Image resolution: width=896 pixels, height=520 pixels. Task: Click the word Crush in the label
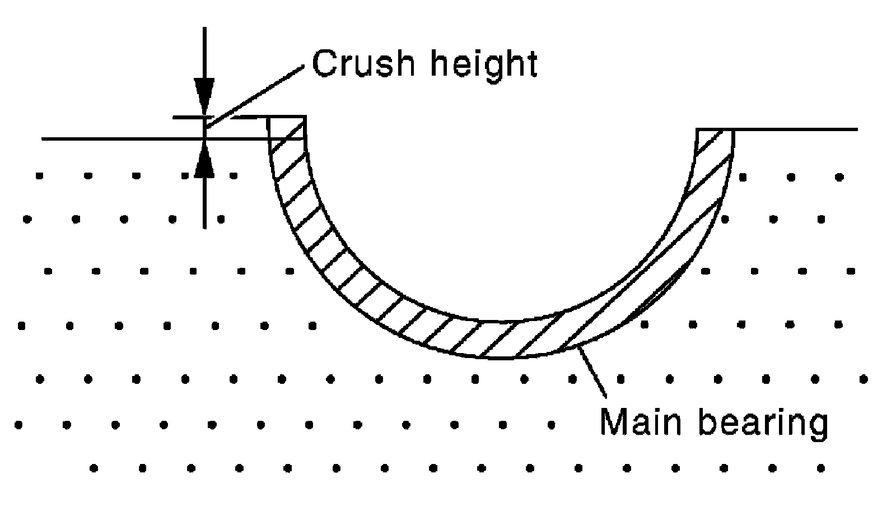click(x=363, y=63)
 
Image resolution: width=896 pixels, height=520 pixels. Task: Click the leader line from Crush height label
click(x=255, y=97)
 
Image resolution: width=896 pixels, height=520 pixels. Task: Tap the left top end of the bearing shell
click(x=286, y=117)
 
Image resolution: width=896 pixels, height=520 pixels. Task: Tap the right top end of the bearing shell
click(x=715, y=129)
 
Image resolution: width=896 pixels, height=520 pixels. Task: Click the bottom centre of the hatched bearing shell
click(x=500, y=340)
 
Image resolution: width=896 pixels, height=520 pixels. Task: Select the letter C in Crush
click(x=325, y=63)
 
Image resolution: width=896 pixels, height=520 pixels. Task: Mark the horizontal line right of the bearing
click(x=795, y=129)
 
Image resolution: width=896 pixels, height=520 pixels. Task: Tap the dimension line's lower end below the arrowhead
click(x=204, y=228)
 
